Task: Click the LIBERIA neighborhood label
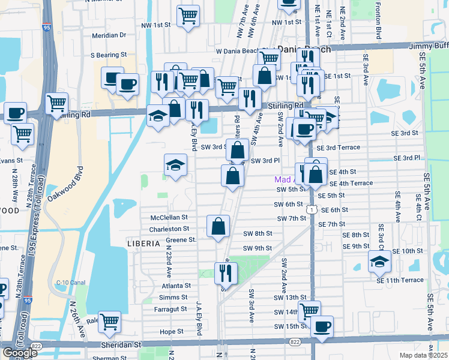[143, 243]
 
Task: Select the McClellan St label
[170, 217]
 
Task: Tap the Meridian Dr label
[109, 35]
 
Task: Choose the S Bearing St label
[109, 55]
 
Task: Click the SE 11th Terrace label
[400, 280]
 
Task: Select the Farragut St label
[170, 309]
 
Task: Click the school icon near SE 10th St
[379, 261]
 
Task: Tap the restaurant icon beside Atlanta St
[226, 273]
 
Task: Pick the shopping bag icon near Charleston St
[218, 226]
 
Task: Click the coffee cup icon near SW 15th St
[322, 327]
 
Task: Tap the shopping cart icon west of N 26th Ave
[110, 323]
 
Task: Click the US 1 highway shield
[311, 209]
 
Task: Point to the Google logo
[20, 353]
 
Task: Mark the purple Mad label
[282, 179]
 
